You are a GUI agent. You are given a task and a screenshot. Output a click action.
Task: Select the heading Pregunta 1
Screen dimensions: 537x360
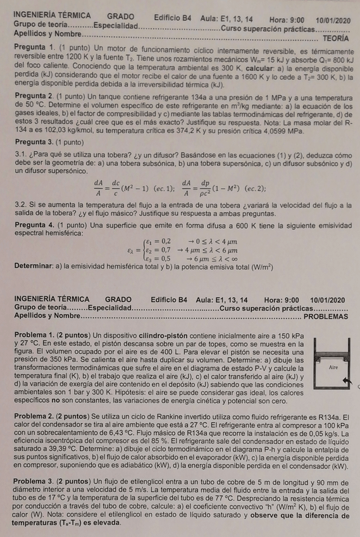point(34,48)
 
